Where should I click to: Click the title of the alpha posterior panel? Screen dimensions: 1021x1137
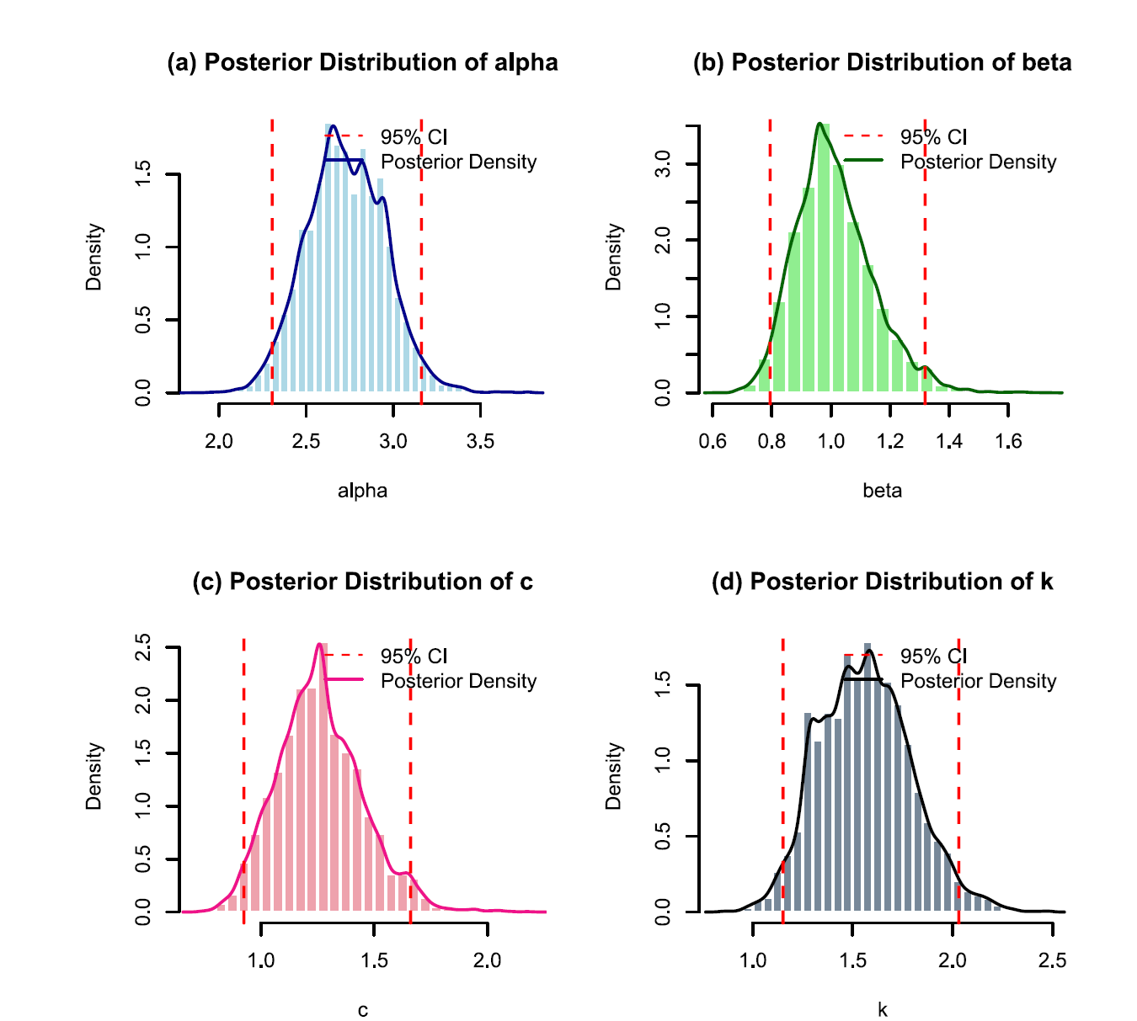[362, 63]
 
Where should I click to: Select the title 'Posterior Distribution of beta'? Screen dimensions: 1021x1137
[882, 63]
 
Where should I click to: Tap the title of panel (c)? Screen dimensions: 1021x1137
[362, 582]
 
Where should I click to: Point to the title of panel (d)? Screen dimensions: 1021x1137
[882, 582]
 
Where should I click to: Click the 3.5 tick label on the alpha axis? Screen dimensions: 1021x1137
[480, 442]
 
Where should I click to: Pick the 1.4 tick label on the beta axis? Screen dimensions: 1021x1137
[949, 442]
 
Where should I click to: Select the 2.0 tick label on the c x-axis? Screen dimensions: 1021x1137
[487, 961]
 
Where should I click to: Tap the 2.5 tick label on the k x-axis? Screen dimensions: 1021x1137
[1053, 961]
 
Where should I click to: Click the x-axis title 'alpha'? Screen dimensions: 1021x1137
[362, 491]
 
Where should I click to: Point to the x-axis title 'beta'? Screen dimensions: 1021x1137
[882, 491]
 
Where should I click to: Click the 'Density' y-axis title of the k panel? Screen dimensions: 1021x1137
[613, 776]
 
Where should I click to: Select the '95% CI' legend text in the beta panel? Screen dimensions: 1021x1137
[933, 137]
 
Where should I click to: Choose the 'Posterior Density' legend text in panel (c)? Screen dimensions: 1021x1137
[458, 681]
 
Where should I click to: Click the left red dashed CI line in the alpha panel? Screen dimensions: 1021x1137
[272, 253]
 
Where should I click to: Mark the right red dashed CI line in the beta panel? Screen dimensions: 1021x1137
[925, 253]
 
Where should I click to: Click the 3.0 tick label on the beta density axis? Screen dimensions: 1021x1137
[663, 164]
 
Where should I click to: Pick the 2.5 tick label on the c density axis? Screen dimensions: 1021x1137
[143, 648]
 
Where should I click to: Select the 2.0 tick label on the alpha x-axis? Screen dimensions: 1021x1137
[219, 442]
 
